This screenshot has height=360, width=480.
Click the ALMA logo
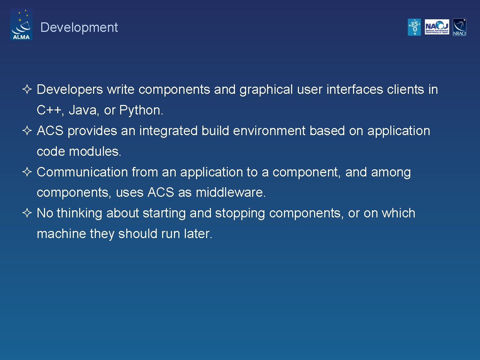point(21,25)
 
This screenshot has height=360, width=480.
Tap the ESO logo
point(414,27)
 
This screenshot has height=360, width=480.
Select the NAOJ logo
point(437,27)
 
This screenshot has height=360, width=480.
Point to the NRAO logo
point(459,27)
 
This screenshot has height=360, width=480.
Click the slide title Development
point(79,27)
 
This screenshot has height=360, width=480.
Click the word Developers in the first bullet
point(70,90)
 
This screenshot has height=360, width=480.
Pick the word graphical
point(266,90)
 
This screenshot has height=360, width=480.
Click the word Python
point(141,110)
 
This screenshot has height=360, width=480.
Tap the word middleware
point(230,192)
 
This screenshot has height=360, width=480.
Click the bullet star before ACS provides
point(27,131)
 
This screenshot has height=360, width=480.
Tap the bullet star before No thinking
point(27,213)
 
